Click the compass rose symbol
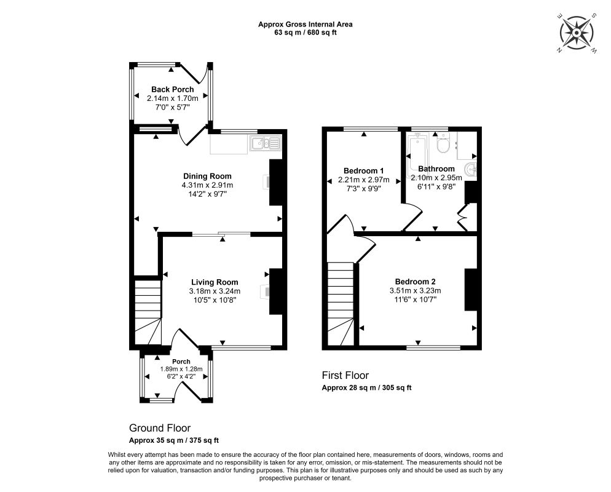coord(577,33)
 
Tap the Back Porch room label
coord(172,89)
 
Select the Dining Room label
coord(207,177)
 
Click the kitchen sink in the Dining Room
coord(265,143)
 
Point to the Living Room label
coord(215,282)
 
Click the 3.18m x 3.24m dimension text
coord(215,292)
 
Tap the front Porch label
coord(181,362)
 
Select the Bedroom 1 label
coord(363,171)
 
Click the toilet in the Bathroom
coord(443,143)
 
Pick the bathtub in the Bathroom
coord(417,155)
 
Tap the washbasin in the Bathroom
coord(471,170)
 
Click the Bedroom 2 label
coord(415,282)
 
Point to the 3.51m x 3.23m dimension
coord(415,291)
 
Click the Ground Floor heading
coord(160,428)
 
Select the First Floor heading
coord(345,375)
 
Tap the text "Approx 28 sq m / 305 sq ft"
coord(366,388)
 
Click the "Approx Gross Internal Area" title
coord(305,25)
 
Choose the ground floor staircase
coord(148,311)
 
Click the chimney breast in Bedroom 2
coord(471,290)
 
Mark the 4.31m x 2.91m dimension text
coord(207,185)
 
